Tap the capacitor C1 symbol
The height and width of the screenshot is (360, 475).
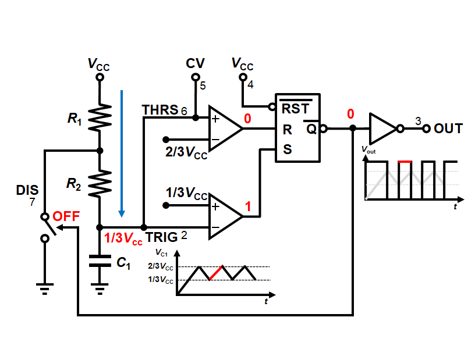pos(100,261)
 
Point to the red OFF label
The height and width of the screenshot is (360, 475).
pos(66,216)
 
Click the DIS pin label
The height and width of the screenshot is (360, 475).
pos(27,190)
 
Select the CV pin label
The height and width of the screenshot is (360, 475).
pos(194,63)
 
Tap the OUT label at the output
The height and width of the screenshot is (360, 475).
pos(448,129)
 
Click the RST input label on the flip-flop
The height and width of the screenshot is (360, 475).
pos(296,108)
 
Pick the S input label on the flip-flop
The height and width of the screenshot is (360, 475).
pos(288,149)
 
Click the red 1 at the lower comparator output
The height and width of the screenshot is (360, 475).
pos(247,206)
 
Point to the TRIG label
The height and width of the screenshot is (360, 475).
pos(162,237)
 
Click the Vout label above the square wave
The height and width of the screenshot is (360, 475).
pos(368,149)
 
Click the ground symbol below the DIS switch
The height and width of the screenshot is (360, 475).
pos(44,286)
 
